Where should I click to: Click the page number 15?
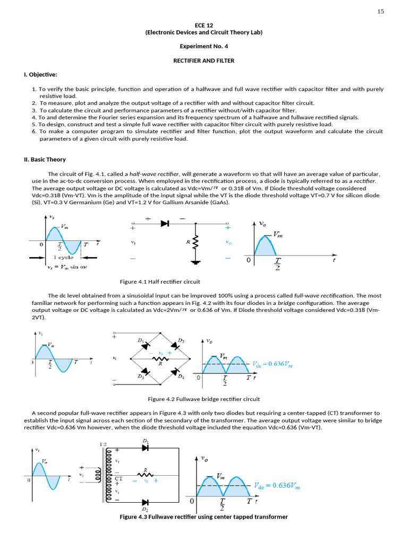click(x=380, y=12)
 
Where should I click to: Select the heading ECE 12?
click(x=203, y=25)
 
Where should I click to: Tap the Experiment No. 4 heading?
click(x=203, y=46)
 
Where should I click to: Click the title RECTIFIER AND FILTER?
click(x=203, y=60)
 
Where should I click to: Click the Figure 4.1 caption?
click(x=160, y=282)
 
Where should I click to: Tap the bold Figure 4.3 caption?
click(x=203, y=516)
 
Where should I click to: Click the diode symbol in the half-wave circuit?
click(x=165, y=224)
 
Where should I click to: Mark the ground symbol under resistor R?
click(x=195, y=261)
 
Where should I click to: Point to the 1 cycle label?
click(x=63, y=257)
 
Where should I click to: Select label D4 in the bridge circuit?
click(x=181, y=376)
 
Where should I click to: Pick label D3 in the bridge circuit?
click(x=140, y=376)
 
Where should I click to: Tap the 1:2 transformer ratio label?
click(x=104, y=444)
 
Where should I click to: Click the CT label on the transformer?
click(x=118, y=478)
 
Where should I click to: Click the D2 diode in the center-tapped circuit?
click(x=146, y=501)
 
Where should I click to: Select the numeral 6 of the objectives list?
click(x=34, y=132)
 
